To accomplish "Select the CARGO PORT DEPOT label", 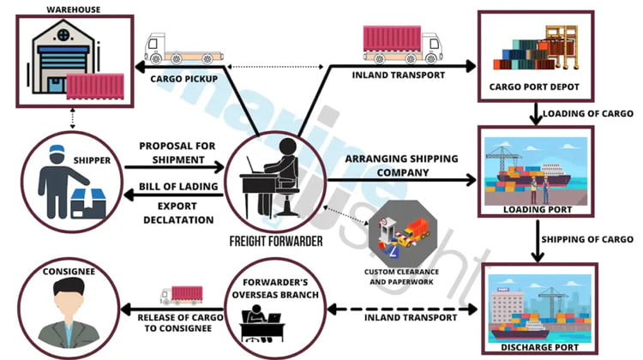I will pos(535,87).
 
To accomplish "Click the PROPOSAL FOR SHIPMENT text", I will pos(176,152).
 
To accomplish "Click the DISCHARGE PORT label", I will pos(538,349).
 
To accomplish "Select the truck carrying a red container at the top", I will pos(401,44).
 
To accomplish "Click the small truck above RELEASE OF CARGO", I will pos(181,295).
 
